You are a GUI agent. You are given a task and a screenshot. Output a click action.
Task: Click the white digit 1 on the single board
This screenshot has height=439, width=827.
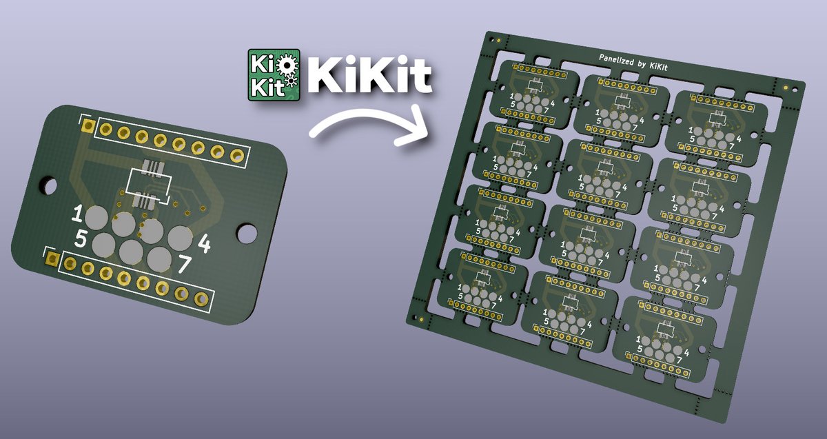pos(78,214)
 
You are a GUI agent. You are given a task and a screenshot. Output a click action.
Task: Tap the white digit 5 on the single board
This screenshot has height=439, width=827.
pos(81,240)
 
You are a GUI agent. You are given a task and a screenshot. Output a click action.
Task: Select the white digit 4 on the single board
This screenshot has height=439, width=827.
pos(204,243)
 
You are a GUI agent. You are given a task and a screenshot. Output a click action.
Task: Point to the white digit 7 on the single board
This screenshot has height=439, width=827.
pos(185,264)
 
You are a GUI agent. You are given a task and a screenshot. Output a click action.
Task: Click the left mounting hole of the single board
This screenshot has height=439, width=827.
pos(48,185)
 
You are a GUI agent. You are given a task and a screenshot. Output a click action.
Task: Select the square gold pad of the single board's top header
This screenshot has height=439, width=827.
pos(88,124)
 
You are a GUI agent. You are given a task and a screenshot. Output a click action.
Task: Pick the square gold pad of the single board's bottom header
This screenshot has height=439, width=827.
pos(52,258)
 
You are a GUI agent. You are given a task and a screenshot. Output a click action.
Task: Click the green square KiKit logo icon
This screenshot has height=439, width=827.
pos(274,74)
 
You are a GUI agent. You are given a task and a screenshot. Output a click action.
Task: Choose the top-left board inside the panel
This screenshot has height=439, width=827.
pos(531,94)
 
